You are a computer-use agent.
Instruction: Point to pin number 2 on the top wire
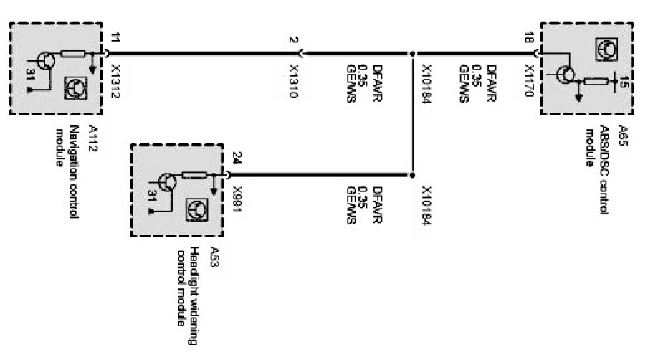pos(294,39)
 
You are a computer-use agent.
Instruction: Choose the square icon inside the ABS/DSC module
pos(604,48)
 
